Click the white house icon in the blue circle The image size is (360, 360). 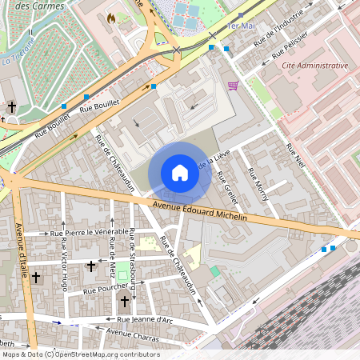pyautogui.click(x=180, y=173)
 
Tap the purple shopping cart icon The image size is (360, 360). pyautogui.click(x=233, y=86)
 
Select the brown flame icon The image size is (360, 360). pyautogui.click(x=111, y=17)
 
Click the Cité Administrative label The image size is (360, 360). pyautogui.click(x=314, y=66)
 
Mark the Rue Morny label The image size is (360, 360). pyautogui.click(x=258, y=184)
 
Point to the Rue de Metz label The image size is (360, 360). pyautogui.click(x=113, y=255)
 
